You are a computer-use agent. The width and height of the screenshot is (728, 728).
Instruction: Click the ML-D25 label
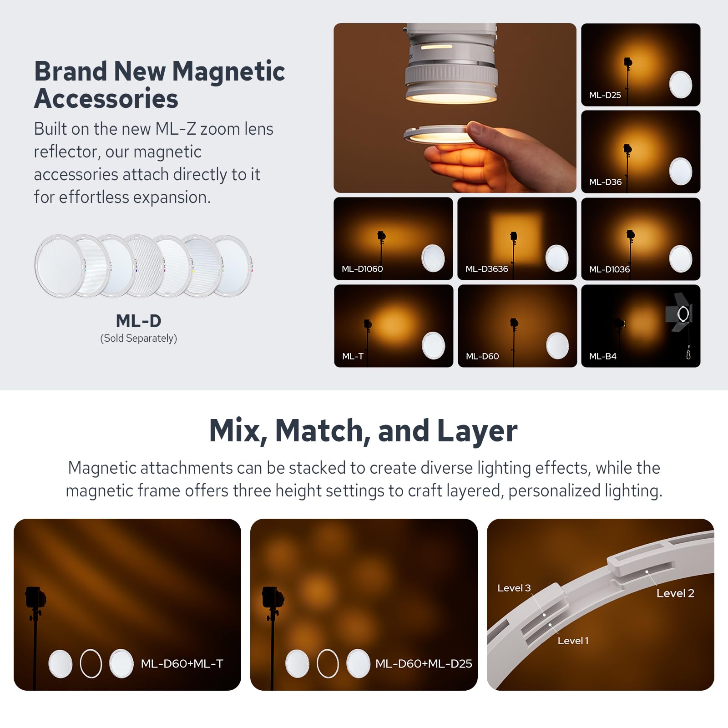(x=605, y=95)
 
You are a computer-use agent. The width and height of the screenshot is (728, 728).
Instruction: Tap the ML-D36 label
(x=605, y=182)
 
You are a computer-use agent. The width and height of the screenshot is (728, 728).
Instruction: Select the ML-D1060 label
(x=362, y=269)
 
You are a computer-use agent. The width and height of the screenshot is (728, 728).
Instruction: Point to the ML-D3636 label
(x=486, y=269)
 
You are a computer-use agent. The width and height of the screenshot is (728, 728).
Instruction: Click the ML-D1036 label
(x=609, y=269)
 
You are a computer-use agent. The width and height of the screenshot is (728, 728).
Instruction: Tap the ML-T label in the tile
(x=353, y=356)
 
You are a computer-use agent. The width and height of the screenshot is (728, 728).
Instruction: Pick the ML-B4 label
(x=602, y=356)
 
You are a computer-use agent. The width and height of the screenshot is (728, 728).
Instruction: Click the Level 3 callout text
(x=514, y=588)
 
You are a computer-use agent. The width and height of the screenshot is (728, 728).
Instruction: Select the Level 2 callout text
(x=675, y=593)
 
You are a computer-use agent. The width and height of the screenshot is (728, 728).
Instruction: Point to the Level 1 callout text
(x=573, y=641)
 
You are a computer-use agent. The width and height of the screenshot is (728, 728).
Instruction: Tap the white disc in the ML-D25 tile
(x=681, y=85)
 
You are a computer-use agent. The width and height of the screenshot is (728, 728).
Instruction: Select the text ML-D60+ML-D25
(x=424, y=664)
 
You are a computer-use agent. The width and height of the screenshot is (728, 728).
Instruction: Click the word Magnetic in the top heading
(x=228, y=71)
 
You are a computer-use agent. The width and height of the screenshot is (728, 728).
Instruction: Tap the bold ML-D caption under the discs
(x=139, y=321)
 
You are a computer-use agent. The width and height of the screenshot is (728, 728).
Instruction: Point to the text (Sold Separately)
(x=139, y=339)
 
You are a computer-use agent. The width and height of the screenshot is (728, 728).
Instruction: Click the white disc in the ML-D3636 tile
(x=557, y=258)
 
